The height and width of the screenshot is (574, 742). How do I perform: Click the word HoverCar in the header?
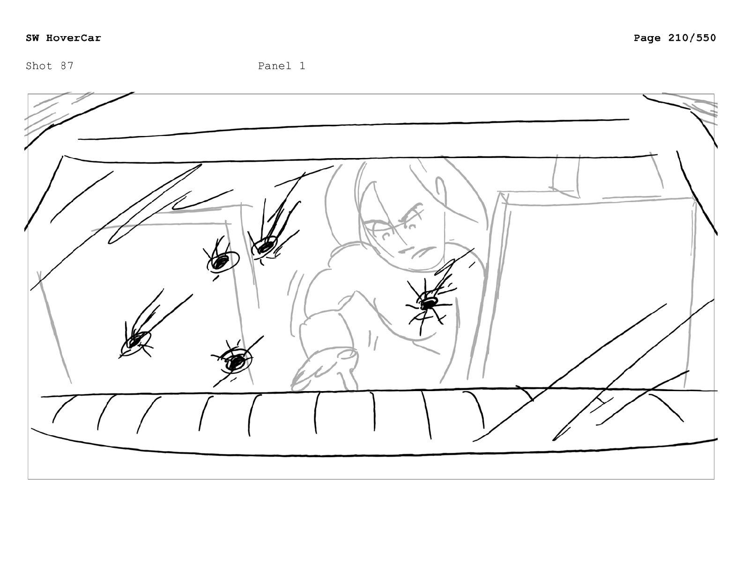pyautogui.click(x=74, y=38)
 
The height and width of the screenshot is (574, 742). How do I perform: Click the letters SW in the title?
pyautogui.click(x=32, y=38)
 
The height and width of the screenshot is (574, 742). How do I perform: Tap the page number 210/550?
pyautogui.click(x=692, y=38)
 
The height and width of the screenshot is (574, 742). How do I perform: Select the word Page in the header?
pyautogui.click(x=647, y=38)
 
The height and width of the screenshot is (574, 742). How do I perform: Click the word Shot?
pyautogui.click(x=39, y=66)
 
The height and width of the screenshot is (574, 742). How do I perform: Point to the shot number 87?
pyautogui.click(x=67, y=66)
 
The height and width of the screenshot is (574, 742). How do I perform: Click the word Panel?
pyautogui.click(x=275, y=66)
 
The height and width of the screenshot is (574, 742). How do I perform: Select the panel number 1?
pyautogui.click(x=302, y=66)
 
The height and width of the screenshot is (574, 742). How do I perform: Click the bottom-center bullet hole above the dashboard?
pyautogui.click(x=235, y=362)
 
